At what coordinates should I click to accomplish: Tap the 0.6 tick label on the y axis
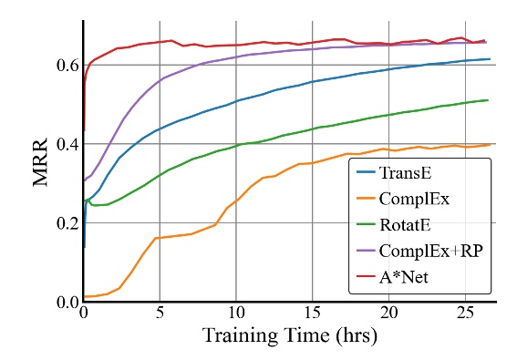[65, 65]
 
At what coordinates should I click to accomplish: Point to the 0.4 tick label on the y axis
[65, 144]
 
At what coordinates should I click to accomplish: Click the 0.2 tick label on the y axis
[65, 223]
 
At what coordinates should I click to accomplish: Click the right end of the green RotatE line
[489, 100]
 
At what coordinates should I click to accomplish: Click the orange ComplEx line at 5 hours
[160, 237]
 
